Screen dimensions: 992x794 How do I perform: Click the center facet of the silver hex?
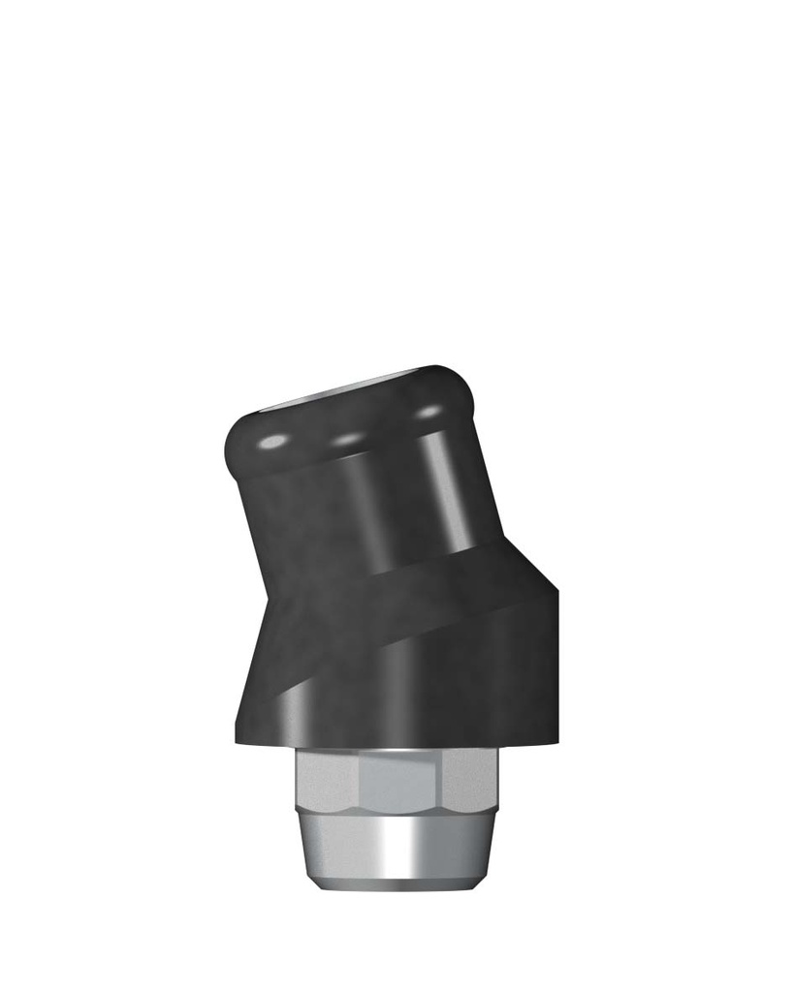[397, 783]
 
